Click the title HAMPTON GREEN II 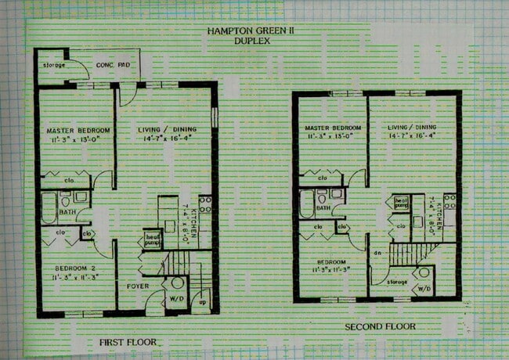point(251,31)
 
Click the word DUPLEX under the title point(251,40)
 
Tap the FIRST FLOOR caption point(128,342)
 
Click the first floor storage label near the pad point(54,65)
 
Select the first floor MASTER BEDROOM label point(78,130)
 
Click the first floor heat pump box point(152,238)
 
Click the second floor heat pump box point(402,203)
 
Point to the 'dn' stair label point(378,254)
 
